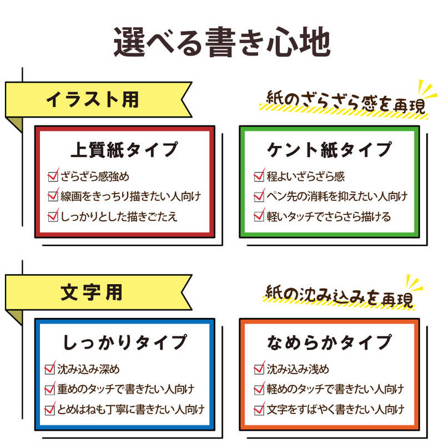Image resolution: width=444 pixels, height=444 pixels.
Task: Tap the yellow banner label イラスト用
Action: tap(92, 100)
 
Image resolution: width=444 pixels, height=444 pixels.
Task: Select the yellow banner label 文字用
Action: tap(92, 292)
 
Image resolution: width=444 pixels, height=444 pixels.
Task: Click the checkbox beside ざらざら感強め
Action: tap(53, 176)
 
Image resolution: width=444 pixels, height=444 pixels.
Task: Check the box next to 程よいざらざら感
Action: tap(259, 176)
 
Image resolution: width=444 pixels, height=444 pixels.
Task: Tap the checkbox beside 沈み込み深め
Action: tap(50, 369)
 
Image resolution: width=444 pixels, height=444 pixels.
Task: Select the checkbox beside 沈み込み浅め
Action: tap(259, 369)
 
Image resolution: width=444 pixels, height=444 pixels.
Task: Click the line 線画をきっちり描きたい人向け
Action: tap(131, 196)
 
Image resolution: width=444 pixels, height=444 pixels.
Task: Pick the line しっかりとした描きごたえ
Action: tap(119, 216)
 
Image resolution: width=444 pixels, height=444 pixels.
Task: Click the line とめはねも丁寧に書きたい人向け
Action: tap(131, 410)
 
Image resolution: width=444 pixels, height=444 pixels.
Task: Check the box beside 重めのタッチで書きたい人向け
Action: tap(50, 389)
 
